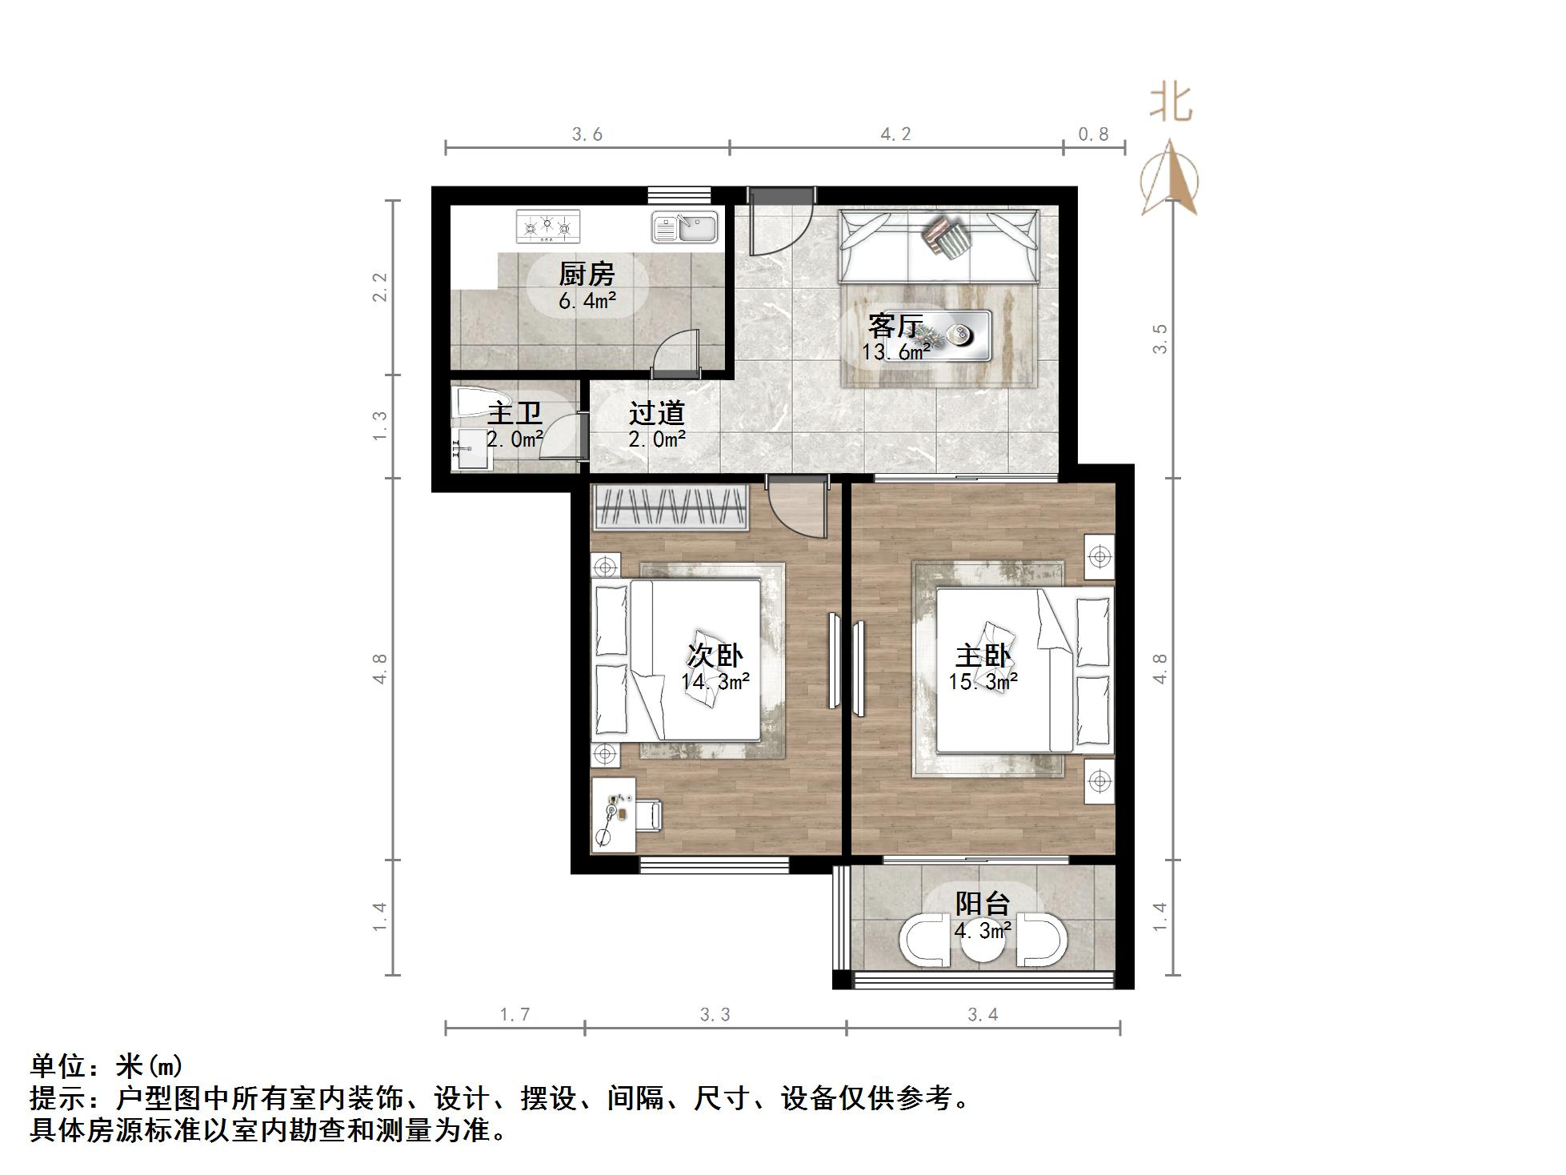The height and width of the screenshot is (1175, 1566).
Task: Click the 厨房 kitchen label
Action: point(587,275)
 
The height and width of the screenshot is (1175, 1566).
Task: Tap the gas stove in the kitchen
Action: point(547,227)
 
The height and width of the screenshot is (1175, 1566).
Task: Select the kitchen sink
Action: point(686,227)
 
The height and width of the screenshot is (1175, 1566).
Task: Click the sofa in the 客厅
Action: point(938,247)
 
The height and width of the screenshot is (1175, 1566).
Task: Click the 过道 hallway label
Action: point(657,413)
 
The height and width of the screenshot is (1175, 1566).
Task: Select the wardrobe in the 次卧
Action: point(671,507)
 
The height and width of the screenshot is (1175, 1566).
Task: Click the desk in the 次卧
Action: point(613,814)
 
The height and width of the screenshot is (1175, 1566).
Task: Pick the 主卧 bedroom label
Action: point(983,656)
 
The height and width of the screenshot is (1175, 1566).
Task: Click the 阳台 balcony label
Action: point(983,904)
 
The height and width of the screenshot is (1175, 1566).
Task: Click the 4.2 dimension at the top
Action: point(895,134)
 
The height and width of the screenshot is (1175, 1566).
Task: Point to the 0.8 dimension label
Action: point(1093,134)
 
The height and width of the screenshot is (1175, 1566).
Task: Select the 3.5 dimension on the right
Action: point(1159,339)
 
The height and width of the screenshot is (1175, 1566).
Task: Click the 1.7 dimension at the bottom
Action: point(515,1015)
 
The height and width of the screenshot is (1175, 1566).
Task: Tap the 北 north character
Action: point(1171,104)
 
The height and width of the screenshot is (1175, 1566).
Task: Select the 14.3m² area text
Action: point(715,682)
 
